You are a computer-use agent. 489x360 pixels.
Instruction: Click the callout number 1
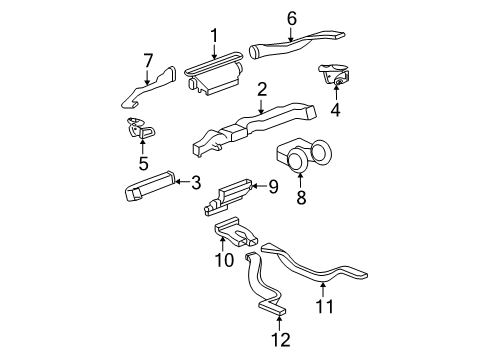pyautogui.click(x=213, y=37)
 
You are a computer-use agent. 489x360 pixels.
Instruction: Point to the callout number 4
pyautogui.click(x=336, y=112)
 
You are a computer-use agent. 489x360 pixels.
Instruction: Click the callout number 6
pyautogui.click(x=292, y=17)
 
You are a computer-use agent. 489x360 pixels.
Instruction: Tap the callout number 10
pyautogui.click(x=227, y=260)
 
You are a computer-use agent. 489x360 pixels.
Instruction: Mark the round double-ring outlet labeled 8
pyautogui.click(x=307, y=157)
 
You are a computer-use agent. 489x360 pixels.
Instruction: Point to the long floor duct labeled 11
pyautogui.click(x=320, y=270)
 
